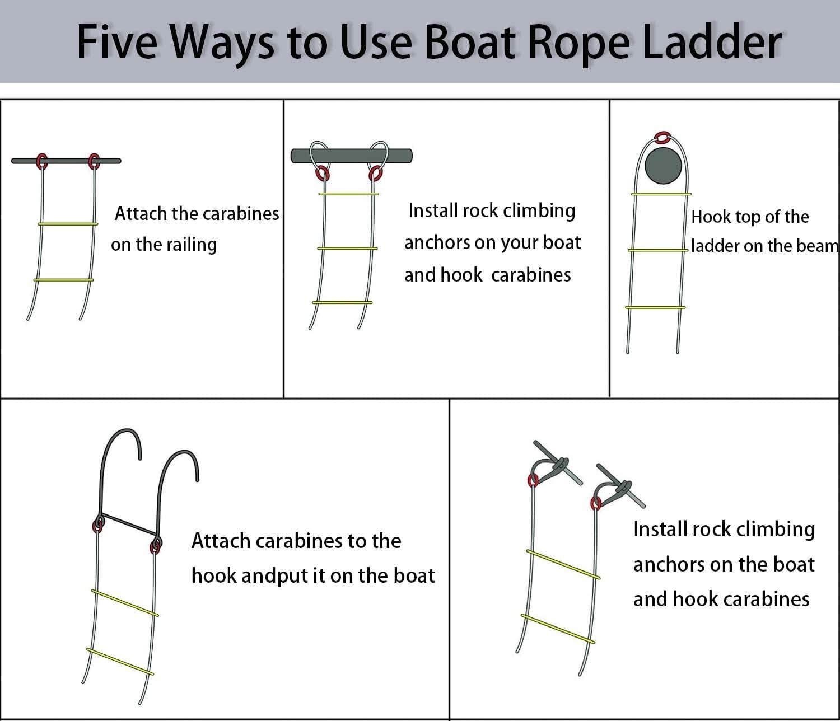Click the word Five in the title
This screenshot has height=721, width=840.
(116, 42)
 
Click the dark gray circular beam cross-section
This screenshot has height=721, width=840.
(663, 166)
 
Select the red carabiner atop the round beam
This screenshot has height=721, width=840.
(662, 137)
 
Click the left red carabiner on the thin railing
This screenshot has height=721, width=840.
(41, 161)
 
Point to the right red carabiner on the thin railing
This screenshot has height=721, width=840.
(94, 161)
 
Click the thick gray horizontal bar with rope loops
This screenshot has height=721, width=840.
(351, 155)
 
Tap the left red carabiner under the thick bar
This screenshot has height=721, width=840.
(323, 174)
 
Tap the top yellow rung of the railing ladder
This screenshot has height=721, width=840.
(68, 224)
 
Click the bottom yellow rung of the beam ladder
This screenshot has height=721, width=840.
(655, 307)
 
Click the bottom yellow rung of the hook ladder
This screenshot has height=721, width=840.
(120, 662)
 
